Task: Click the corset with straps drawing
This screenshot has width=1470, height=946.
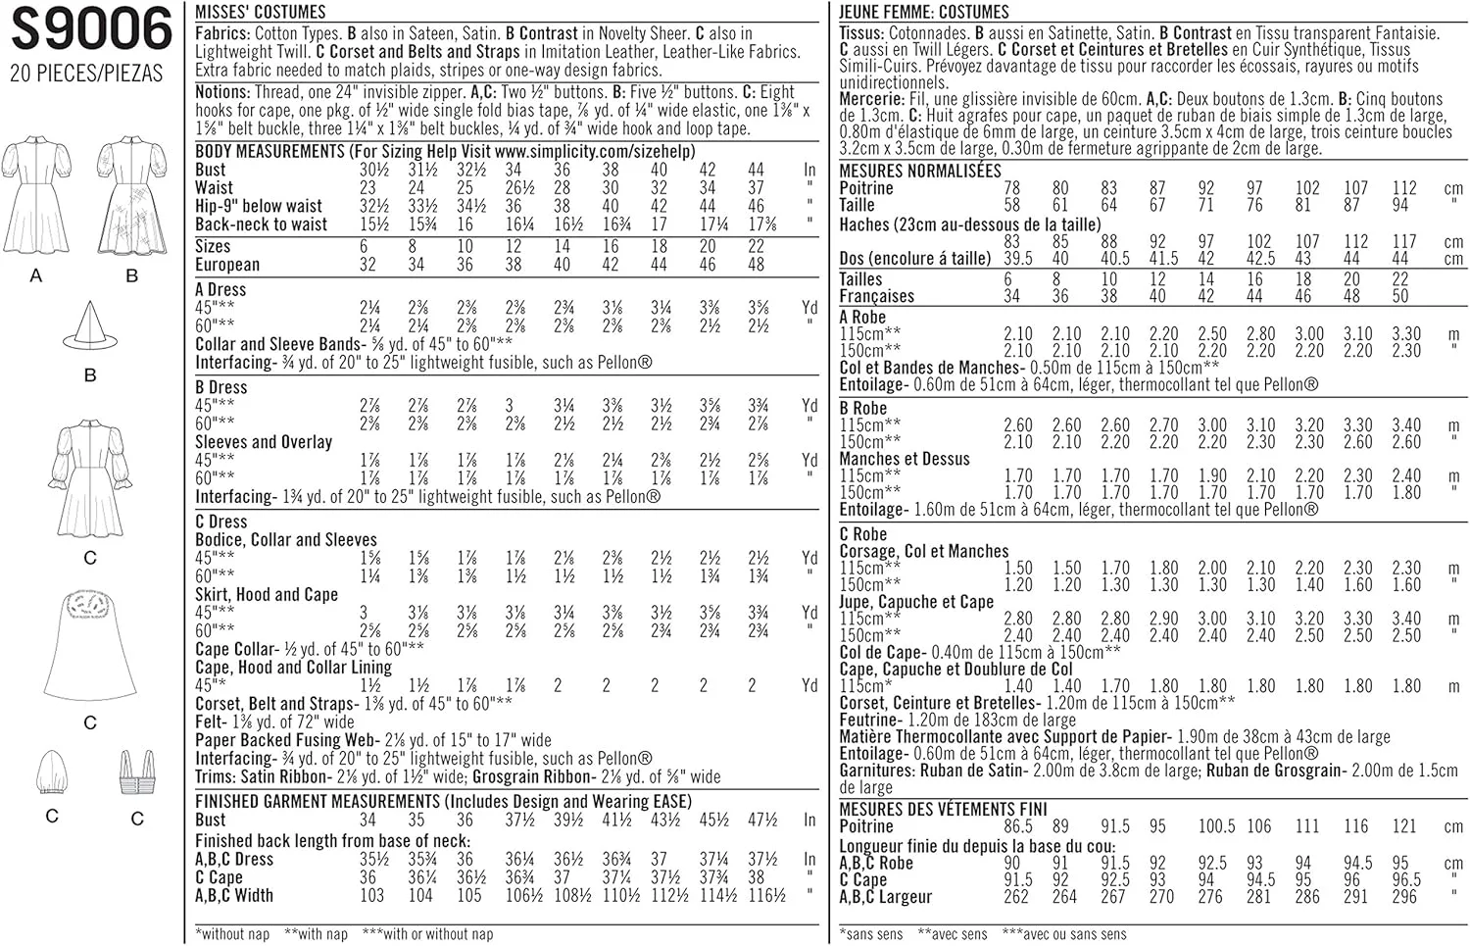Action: point(136,774)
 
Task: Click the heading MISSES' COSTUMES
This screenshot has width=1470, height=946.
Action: point(260,12)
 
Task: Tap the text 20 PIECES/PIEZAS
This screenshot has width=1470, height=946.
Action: point(86,74)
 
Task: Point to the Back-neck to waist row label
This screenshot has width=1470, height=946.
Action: point(261,224)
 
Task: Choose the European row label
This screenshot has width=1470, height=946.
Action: point(227,265)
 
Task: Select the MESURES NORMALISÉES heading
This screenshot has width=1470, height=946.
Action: point(920,171)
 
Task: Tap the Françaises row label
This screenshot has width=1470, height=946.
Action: point(876,296)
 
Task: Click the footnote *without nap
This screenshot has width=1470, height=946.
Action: point(232,934)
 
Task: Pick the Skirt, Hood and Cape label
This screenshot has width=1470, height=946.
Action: point(266,594)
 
